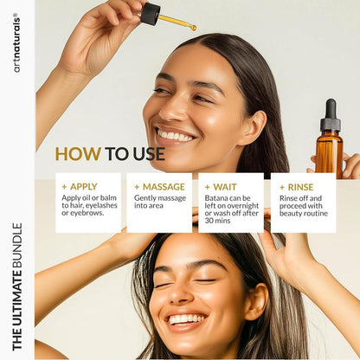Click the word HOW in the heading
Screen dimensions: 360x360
click(78, 154)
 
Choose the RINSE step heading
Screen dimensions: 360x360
click(299, 186)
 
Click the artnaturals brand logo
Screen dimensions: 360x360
click(16, 42)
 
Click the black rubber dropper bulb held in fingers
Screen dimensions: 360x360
click(151, 13)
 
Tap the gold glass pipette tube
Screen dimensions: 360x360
click(178, 22)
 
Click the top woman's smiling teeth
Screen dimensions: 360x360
click(176, 136)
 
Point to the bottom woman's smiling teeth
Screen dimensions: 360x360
click(186, 319)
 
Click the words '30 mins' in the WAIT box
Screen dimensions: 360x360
click(221, 221)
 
